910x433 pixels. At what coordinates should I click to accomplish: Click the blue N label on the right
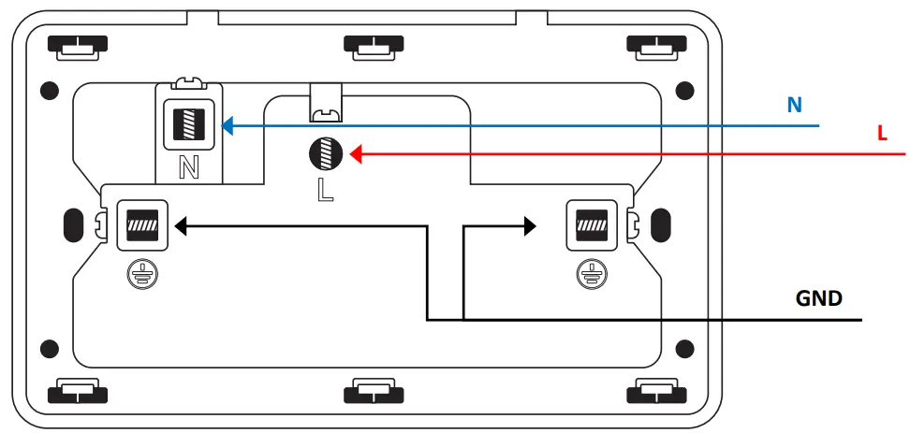click(795, 105)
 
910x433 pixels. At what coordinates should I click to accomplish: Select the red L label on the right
click(882, 135)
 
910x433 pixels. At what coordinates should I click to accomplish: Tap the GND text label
click(818, 299)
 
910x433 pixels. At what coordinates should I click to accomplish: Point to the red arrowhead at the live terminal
click(357, 153)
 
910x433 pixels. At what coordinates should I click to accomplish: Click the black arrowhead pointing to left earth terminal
click(182, 225)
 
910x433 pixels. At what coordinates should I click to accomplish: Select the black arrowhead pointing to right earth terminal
click(530, 225)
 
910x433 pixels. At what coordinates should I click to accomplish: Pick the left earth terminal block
click(141, 224)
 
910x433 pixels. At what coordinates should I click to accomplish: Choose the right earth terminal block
click(591, 224)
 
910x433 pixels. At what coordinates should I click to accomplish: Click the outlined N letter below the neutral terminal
click(189, 167)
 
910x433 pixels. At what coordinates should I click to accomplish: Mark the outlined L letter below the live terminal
click(324, 190)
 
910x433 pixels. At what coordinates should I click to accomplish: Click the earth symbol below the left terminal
click(141, 273)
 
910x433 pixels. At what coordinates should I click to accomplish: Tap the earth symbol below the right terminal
click(591, 273)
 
